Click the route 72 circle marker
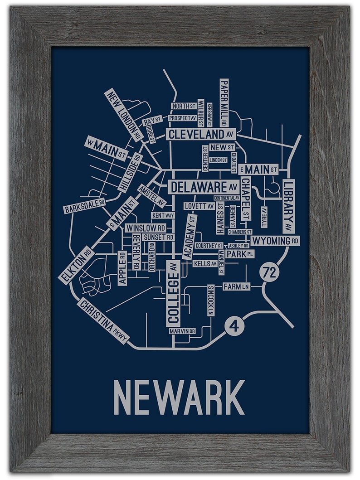pyautogui.click(x=270, y=273)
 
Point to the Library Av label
pyautogui.click(x=288, y=206)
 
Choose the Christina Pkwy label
pyautogui.click(x=103, y=320)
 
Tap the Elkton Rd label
pyautogui.click(x=77, y=265)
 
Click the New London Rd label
pyautogui.click(x=123, y=115)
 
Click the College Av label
pyautogui.click(x=173, y=293)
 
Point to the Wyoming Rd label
pyautogui.click(x=275, y=240)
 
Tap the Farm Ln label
pyautogui.click(x=236, y=286)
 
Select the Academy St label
pyautogui.click(x=190, y=237)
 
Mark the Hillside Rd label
pyautogui.click(x=130, y=173)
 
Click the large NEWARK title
pyautogui.click(x=179, y=397)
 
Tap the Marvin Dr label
pyautogui.click(x=182, y=331)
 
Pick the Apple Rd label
pyautogui.click(x=122, y=268)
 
